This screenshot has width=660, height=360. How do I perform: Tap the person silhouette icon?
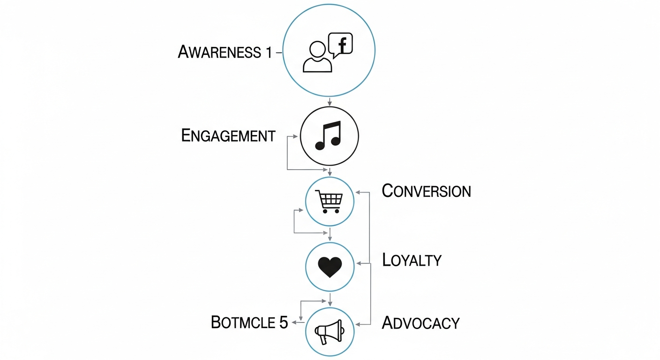click(x=317, y=57)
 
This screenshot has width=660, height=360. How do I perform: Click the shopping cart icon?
click(x=329, y=201)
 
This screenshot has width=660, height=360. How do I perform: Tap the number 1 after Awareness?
click(x=268, y=52)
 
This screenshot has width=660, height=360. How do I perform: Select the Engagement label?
click(x=228, y=136)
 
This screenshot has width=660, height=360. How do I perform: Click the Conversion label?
click(x=426, y=191)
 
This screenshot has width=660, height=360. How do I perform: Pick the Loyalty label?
click(x=412, y=260)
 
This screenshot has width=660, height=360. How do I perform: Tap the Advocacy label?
click(x=420, y=323)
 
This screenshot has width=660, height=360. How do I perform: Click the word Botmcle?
click(x=241, y=322)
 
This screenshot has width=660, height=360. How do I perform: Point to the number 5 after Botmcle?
click(x=283, y=322)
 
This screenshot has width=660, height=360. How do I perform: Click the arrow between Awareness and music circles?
click(x=330, y=101)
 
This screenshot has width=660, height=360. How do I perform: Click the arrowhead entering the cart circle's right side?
click(x=358, y=192)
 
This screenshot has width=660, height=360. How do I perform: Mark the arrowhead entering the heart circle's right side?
click(x=359, y=263)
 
